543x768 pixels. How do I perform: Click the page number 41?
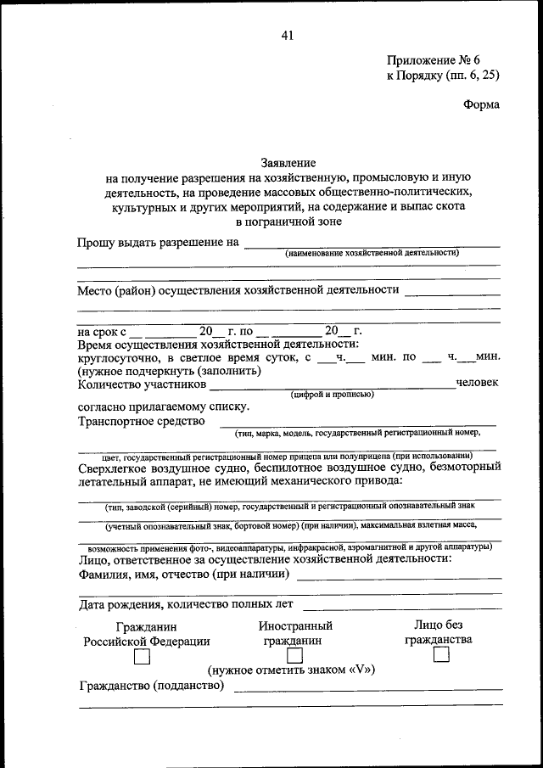287,35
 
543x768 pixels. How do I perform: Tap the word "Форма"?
482,105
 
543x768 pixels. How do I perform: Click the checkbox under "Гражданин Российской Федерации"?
143,658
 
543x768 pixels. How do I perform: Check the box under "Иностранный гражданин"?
295,656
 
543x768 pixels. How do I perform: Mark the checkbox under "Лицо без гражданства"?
440,655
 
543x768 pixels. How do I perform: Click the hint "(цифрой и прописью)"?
332,395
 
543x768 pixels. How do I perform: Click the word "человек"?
478,384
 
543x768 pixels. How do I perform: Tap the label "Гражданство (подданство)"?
151,686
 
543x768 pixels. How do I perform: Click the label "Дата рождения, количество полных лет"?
186,604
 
